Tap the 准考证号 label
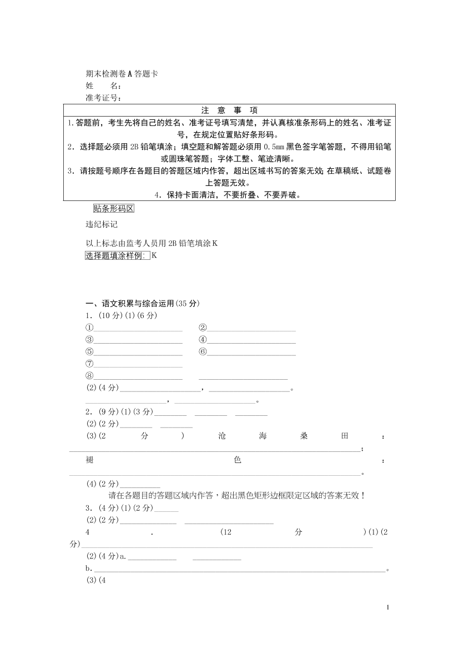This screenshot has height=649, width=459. [x=103, y=98]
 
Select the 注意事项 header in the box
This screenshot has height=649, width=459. [x=229, y=110]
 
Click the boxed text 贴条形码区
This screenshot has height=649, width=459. [x=114, y=209]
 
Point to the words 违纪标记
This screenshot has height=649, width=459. [x=101, y=225]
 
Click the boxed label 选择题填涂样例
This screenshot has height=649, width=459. [x=117, y=255]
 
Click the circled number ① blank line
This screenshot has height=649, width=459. [x=138, y=329]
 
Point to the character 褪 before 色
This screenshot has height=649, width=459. [x=89, y=461]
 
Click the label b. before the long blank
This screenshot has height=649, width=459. [x=88, y=568]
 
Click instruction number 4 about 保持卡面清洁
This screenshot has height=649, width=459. [x=229, y=195]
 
